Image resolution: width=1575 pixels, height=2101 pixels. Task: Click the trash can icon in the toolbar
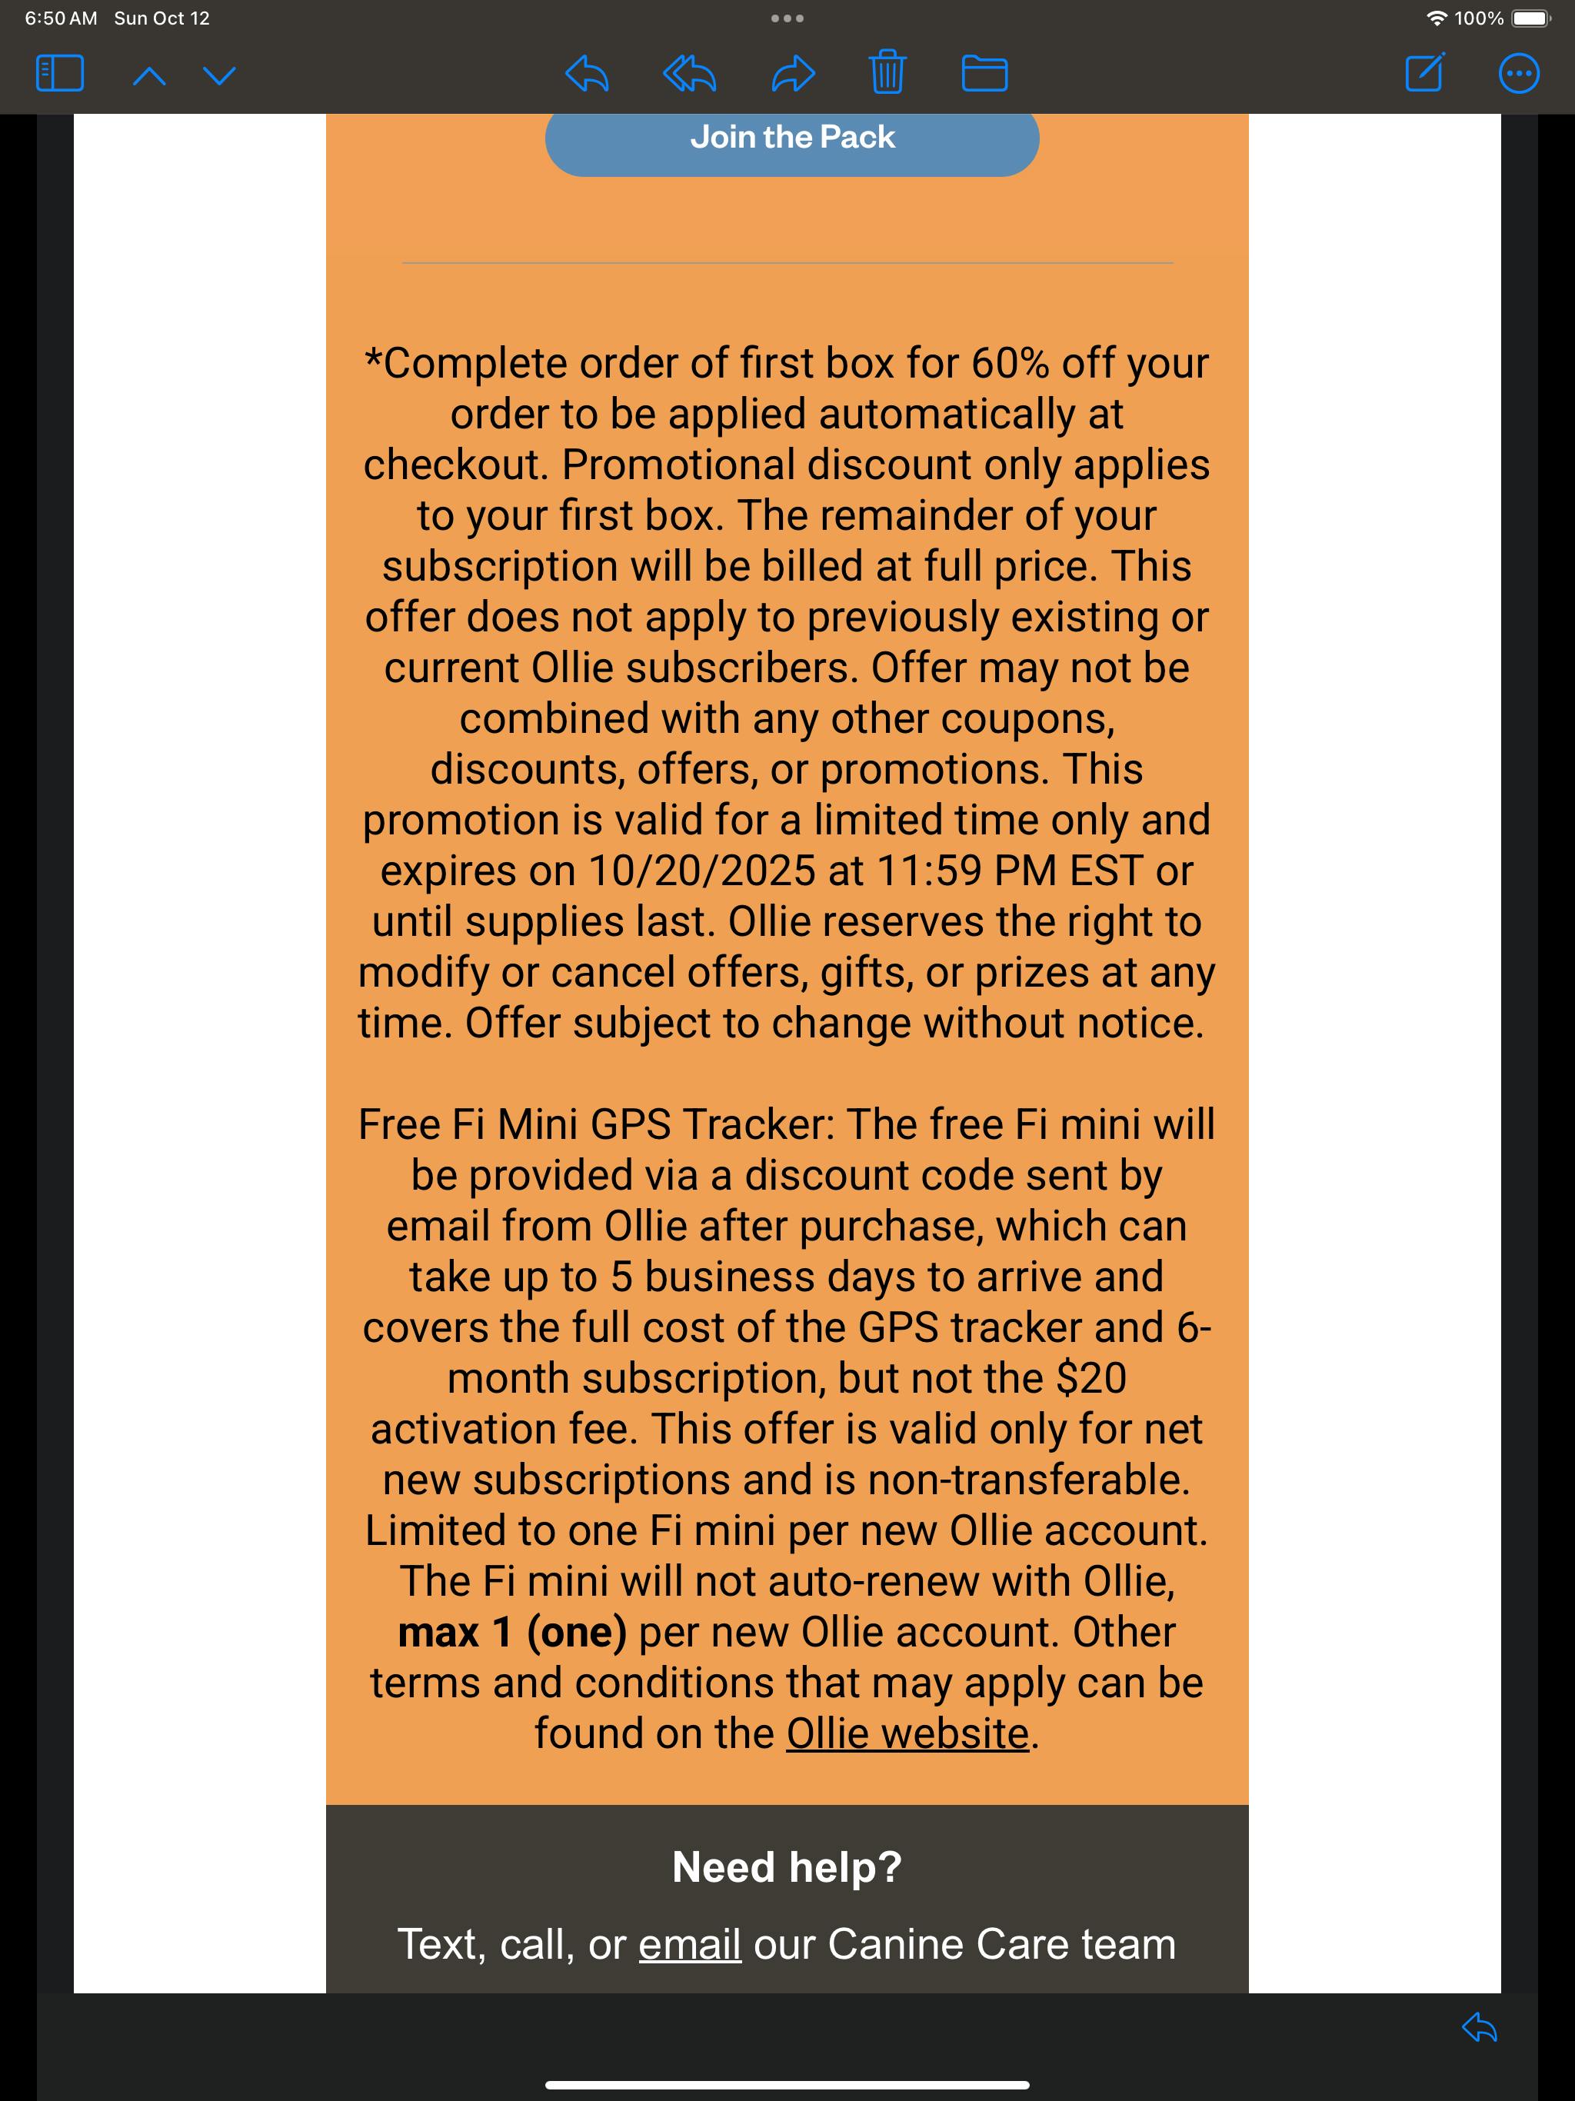coord(886,72)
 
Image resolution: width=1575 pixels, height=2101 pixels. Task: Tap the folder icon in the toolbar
coord(984,73)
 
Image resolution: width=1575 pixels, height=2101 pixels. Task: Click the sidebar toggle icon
coord(59,73)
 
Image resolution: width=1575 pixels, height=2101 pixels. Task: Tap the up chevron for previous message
coord(149,75)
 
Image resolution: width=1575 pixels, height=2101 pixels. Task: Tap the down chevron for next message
coord(219,75)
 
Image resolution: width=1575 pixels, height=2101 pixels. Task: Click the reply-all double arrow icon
coord(689,73)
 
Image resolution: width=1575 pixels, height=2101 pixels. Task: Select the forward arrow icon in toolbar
coord(792,73)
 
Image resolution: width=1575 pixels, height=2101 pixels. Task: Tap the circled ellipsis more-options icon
coord(1518,73)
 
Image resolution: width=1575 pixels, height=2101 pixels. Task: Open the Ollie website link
coord(907,1734)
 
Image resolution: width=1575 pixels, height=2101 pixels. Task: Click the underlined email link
coord(689,1944)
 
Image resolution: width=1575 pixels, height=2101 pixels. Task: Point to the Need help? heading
coord(787,1867)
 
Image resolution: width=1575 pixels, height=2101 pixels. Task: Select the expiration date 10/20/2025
coord(702,871)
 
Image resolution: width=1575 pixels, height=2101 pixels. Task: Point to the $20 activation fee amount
coord(1091,1379)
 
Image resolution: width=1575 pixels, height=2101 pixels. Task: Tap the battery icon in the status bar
coord(1530,18)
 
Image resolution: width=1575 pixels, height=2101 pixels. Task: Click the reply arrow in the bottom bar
coord(1479,2028)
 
